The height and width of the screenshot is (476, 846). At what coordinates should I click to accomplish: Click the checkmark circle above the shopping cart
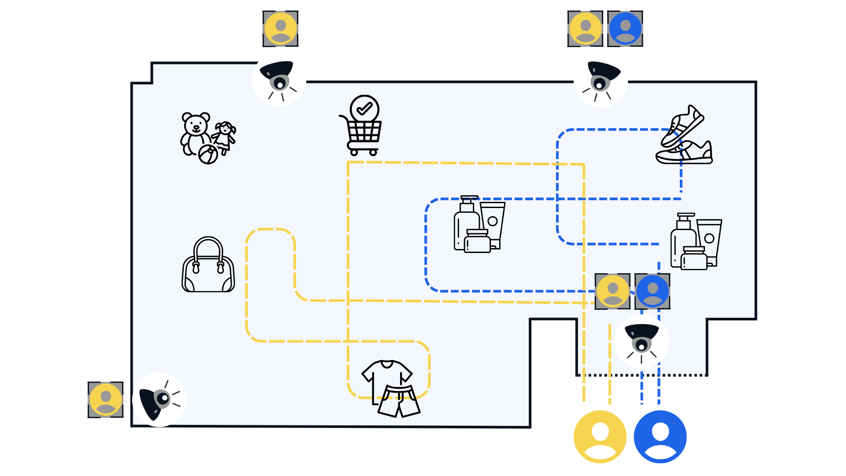point(364,109)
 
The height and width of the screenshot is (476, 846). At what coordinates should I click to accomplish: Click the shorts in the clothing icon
point(399,401)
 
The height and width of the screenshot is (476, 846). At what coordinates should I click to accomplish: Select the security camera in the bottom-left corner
point(159,400)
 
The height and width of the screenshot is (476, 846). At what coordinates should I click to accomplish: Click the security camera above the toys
point(279,79)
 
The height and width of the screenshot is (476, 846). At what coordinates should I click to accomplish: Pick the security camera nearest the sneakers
point(601,80)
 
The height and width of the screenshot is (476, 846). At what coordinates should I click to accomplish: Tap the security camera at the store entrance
point(642,342)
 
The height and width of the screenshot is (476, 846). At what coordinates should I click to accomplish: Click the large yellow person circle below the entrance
point(600,437)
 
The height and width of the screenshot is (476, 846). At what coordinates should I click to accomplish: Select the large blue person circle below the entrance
point(660,437)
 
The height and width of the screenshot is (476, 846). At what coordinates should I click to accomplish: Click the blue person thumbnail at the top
point(625,29)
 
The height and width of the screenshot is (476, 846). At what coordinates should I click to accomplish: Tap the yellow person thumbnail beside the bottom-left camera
point(106,399)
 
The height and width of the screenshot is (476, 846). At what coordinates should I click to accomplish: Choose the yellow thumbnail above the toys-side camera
point(280,29)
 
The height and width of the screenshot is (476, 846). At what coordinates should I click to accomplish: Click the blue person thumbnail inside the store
point(652,291)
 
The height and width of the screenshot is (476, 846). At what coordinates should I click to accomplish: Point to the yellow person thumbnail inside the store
point(612,291)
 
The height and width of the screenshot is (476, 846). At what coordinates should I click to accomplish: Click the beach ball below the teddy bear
point(208,155)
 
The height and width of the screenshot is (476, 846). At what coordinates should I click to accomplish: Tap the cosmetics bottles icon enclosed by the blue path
point(479,225)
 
